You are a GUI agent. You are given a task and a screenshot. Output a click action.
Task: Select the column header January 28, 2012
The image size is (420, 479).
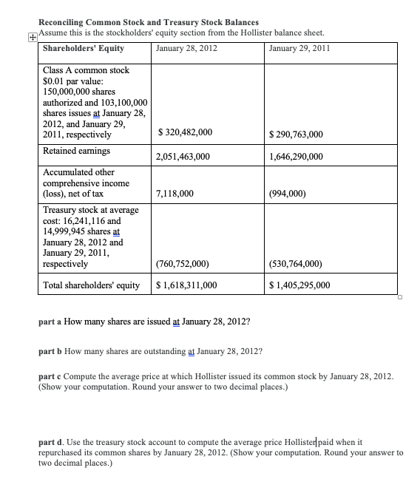point(187,49)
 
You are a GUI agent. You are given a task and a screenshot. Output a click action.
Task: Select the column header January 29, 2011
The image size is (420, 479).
point(299,49)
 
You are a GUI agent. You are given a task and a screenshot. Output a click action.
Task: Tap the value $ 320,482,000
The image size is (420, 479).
point(186,132)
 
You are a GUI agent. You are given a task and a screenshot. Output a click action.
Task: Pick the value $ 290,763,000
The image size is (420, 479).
point(299,132)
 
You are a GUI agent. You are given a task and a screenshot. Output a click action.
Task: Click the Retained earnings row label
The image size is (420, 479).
point(77,151)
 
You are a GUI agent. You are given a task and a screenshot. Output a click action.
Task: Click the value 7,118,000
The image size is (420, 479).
point(176,194)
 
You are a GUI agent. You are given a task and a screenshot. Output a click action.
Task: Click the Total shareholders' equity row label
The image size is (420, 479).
point(92,285)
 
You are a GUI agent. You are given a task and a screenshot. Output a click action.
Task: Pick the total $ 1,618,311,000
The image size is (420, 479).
point(187,285)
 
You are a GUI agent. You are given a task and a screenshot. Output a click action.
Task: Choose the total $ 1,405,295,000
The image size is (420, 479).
point(300,285)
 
